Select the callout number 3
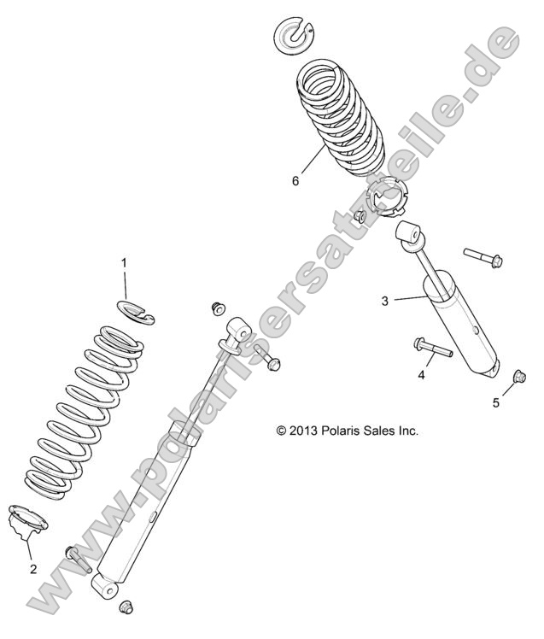385,300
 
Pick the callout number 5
496,402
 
